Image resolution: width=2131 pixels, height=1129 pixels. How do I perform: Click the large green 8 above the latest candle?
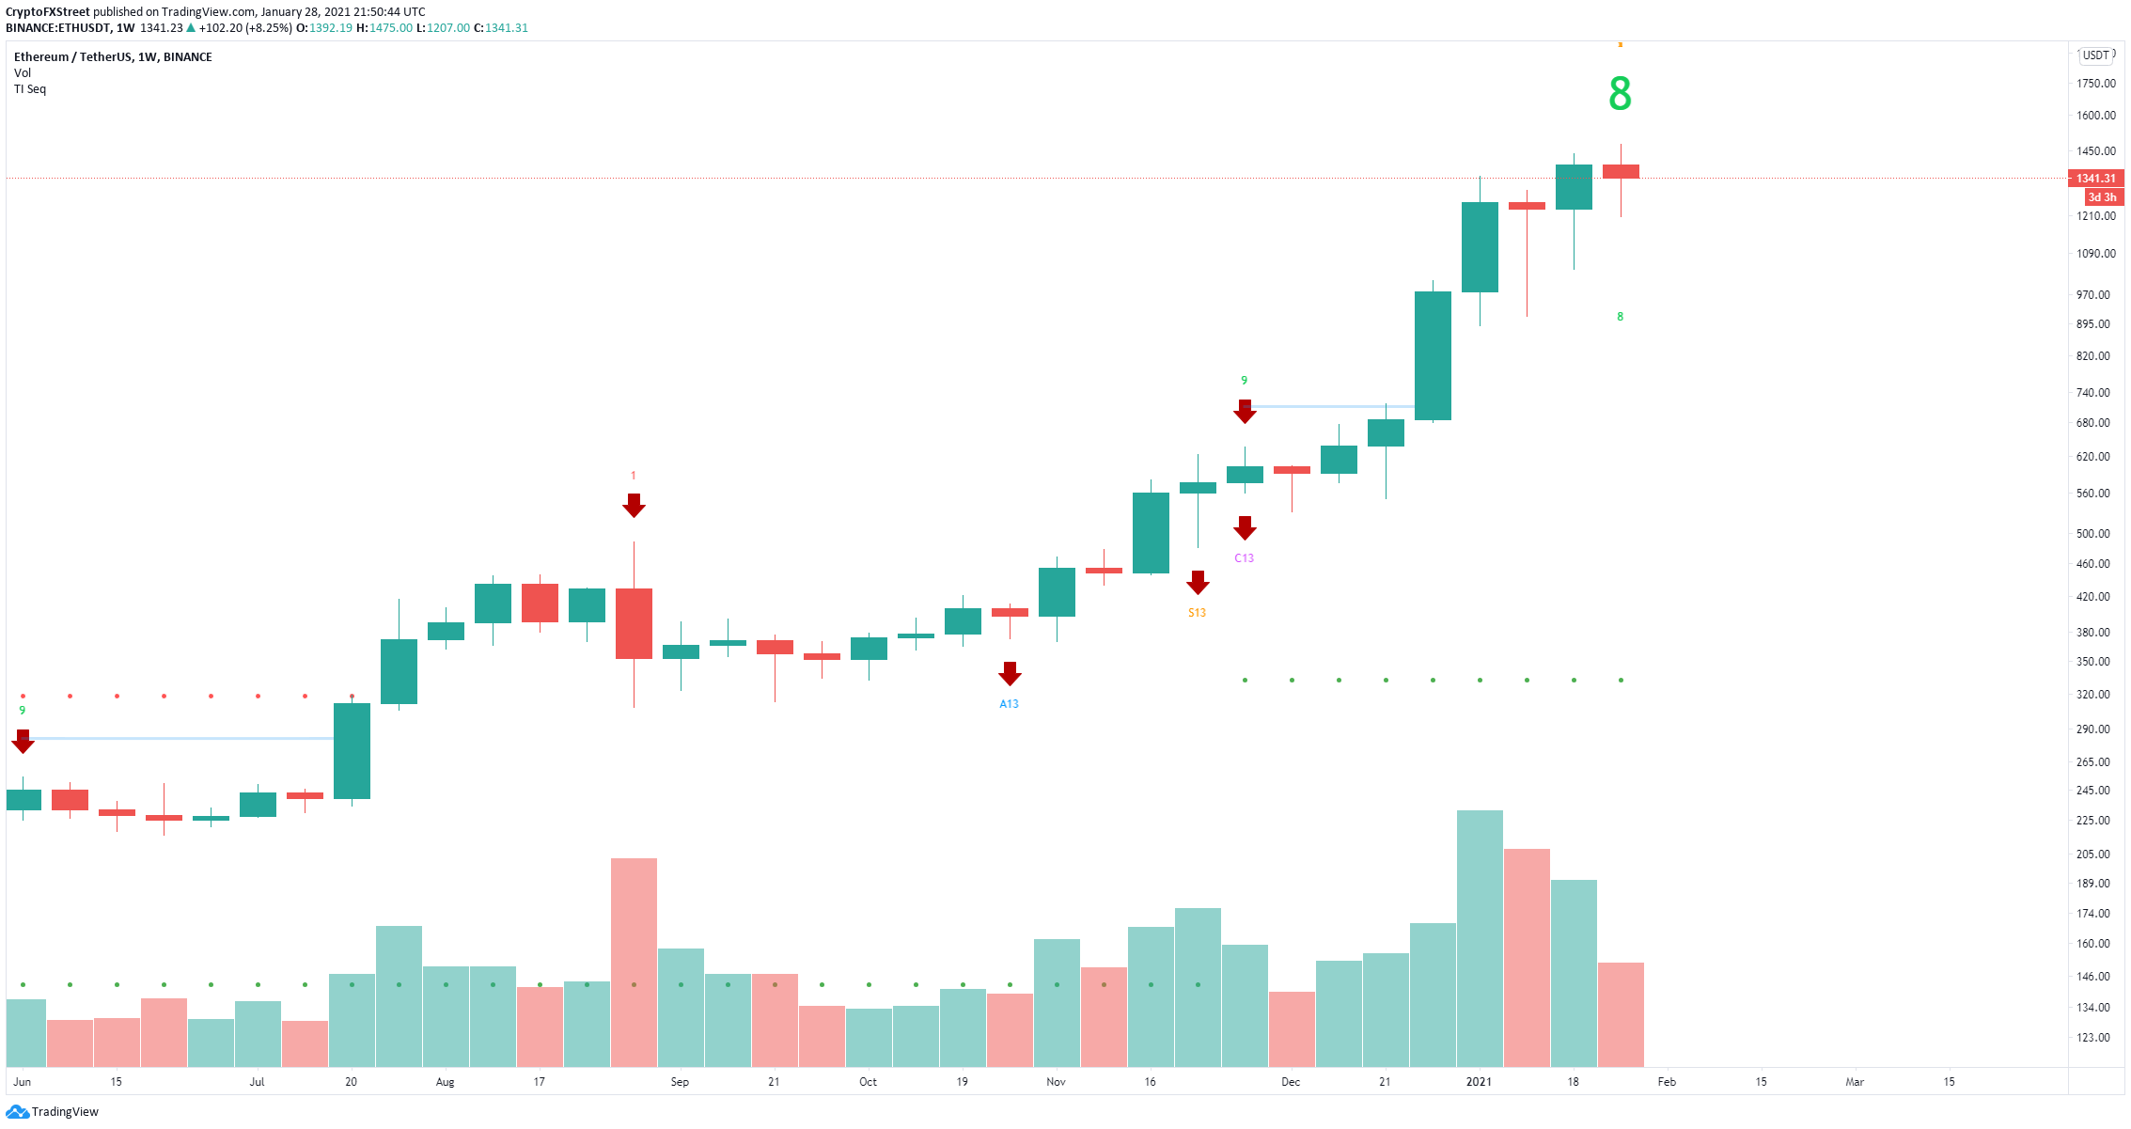pos(1620,94)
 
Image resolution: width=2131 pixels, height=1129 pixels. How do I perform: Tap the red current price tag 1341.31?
pos(2095,179)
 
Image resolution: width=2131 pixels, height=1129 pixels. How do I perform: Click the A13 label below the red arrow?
pos(1009,704)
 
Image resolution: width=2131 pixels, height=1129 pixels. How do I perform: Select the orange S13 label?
pos(1197,613)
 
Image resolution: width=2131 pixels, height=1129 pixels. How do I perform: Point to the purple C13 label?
pos(1244,558)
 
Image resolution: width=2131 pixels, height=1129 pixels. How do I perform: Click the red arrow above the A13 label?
pos(1010,673)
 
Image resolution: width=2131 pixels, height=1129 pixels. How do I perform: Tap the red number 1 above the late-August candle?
pos(634,476)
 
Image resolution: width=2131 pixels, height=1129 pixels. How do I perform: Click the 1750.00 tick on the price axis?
pos(2096,84)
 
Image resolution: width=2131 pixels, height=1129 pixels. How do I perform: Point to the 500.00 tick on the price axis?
pos(2093,534)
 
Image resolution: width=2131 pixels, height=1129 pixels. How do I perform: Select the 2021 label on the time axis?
pos(1479,1082)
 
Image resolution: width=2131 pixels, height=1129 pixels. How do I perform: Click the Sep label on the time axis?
pos(680,1082)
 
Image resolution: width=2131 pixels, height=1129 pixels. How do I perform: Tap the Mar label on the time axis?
pos(1855,1082)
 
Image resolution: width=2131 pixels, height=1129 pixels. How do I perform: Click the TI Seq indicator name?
pos(30,89)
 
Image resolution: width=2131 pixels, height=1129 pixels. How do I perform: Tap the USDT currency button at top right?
pos(2096,55)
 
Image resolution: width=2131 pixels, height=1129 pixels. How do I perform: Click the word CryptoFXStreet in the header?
pos(47,12)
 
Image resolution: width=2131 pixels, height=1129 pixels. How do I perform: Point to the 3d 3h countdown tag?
pos(2102,197)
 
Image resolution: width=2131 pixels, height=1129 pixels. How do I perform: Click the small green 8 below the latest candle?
pos(1620,317)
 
